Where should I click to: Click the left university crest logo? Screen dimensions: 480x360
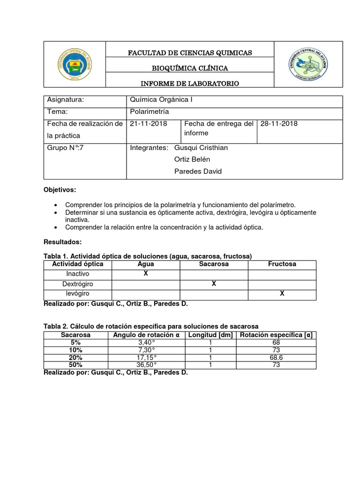point(75,64)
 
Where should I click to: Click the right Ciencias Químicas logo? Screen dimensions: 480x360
point(308,64)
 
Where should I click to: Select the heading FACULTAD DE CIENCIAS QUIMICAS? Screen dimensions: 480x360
point(190,53)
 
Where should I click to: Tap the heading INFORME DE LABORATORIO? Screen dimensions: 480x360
point(190,83)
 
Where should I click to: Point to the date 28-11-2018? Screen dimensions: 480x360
point(278,124)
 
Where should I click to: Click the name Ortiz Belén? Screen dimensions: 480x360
point(192,159)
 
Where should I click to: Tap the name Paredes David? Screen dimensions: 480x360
point(198,171)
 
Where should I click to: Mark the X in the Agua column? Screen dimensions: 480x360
point(146,273)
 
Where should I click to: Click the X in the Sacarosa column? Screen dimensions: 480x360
point(214,284)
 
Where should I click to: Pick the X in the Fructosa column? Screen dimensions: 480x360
point(282,294)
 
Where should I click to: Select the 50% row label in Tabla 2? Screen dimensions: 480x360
point(75,365)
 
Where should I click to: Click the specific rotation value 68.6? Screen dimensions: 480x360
point(276,358)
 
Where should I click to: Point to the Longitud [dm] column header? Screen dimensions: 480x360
point(210,335)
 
